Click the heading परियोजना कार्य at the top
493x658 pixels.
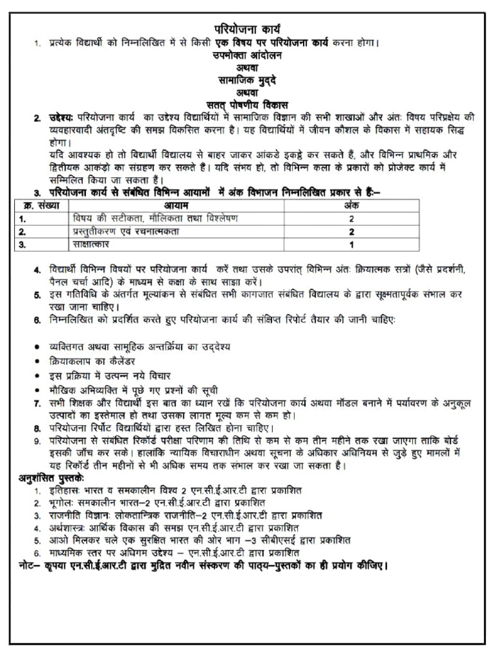click(246, 29)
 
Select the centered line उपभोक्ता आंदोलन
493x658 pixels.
click(246, 55)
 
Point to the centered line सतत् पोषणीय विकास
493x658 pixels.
click(246, 104)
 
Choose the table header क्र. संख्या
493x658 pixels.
click(39, 206)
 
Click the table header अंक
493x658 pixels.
click(351, 206)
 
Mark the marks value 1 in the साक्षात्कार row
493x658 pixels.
click(351, 245)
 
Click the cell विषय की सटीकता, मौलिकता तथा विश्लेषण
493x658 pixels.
click(155, 218)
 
